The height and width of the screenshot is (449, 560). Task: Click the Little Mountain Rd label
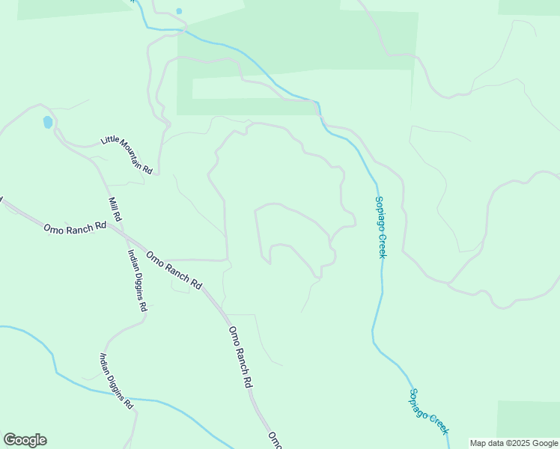pos(127,155)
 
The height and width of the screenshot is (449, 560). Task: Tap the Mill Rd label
pos(115,210)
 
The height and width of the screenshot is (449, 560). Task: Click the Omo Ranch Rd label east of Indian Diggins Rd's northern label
pos(174,270)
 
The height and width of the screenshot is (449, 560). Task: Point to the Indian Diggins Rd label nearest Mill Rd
pos(137,280)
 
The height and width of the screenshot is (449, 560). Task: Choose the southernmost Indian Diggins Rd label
pos(117,381)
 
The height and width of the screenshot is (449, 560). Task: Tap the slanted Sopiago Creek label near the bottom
pos(428,412)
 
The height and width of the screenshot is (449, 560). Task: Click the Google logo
pos(25,440)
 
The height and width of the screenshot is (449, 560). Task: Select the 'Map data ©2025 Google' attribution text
pos(514,443)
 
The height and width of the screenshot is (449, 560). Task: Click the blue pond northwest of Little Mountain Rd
pos(48,121)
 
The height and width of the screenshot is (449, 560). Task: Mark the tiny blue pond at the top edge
pos(178,11)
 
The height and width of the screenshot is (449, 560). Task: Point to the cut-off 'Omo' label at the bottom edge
pos(275,439)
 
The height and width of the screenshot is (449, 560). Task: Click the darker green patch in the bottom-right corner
pos(528,419)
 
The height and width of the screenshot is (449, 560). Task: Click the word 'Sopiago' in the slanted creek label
pos(419,402)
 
